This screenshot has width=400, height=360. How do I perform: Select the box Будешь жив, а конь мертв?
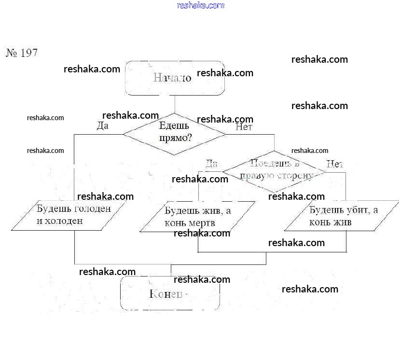197,217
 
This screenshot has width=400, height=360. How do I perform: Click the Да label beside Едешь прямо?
102,126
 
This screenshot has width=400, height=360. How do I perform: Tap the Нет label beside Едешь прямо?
244,127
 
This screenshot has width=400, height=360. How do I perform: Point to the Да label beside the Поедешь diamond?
211,164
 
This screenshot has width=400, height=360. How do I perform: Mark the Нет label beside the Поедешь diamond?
334,164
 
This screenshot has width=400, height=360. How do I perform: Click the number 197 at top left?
29,53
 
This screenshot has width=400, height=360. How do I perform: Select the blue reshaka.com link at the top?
201,5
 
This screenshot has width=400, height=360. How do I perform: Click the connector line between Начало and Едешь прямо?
175,104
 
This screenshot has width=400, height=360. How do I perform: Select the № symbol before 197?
12,53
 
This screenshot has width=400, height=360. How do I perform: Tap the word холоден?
65,221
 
